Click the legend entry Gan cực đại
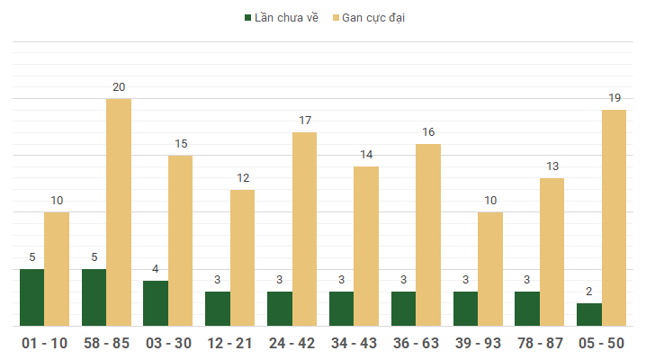coord(373,18)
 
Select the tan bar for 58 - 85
coord(119,212)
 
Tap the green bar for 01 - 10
coord(32,297)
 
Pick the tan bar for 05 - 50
coord(615,218)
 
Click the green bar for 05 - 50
coord(589,314)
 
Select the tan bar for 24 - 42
coord(305,229)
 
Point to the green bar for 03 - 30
coord(156,303)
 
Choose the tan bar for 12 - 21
coord(243,257)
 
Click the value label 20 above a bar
coord(119,87)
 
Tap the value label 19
coord(615,98)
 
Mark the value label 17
coord(305,121)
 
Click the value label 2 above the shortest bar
coord(589,292)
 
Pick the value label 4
coord(156,269)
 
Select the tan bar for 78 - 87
coord(552,252)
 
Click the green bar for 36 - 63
coord(403,309)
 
